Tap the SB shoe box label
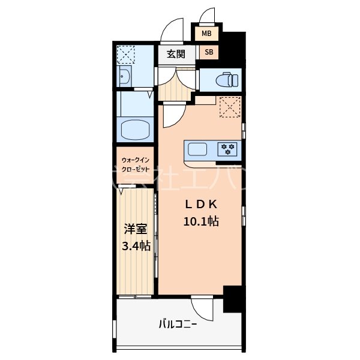[208, 53]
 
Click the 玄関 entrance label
[175, 54]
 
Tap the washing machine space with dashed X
[126, 55]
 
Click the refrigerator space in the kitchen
[229, 107]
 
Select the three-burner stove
[228, 148]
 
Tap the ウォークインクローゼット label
[136, 165]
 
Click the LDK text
[200, 204]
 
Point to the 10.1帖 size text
[200, 221]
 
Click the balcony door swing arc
[204, 308]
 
